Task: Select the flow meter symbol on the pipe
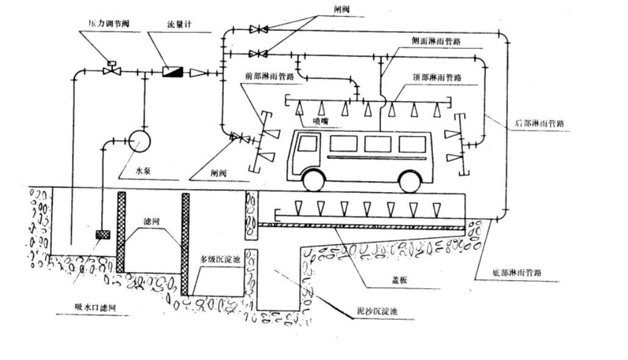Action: [171, 72]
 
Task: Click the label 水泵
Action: [143, 172]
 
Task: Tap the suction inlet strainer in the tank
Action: [101, 234]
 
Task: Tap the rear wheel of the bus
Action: [409, 181]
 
